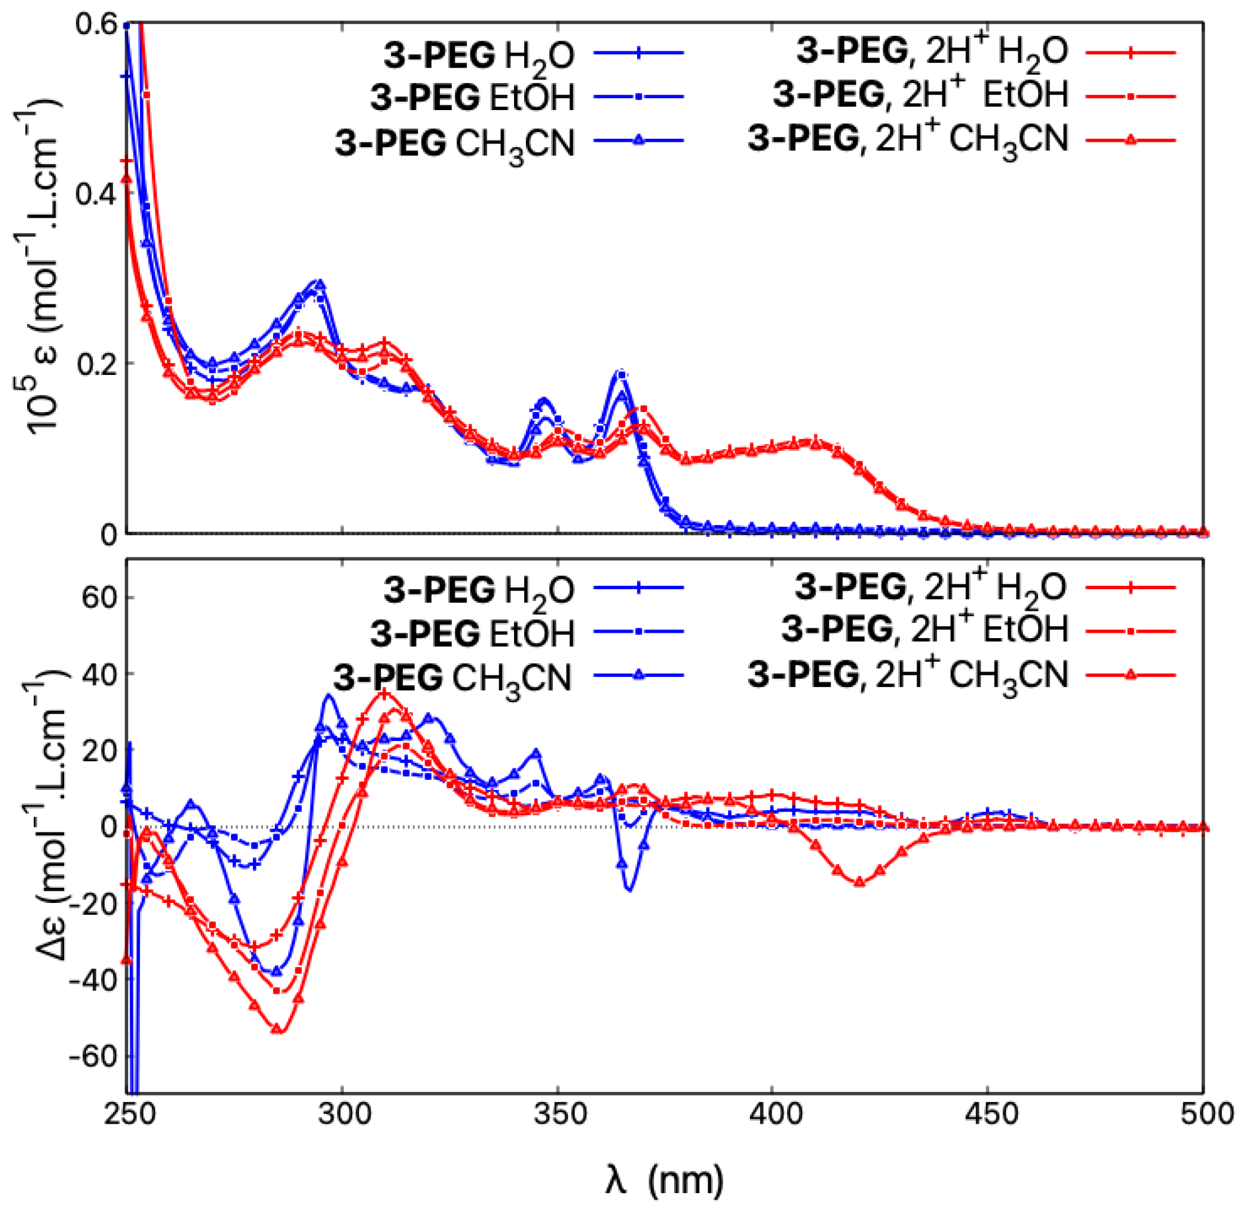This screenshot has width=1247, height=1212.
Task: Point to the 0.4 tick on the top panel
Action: point(95,194)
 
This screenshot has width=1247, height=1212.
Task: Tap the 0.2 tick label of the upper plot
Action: point(95,363)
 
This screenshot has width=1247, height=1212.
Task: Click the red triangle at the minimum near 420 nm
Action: point(860,882)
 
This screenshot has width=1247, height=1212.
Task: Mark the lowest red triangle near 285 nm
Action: point(277,1029)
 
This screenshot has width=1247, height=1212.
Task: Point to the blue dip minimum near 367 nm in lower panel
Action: point(629,889)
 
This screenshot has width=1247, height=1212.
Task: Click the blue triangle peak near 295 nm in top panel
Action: point(320,284)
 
